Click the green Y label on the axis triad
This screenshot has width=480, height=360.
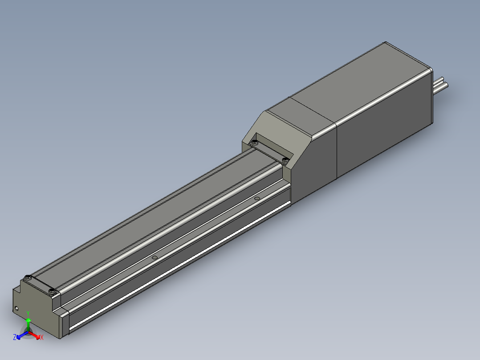point(28,313)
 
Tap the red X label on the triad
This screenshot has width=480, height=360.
point(41,338)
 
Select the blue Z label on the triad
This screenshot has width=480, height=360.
point(15,337)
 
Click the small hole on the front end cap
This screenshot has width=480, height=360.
point(17,308)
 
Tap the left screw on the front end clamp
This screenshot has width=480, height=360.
point(28,277)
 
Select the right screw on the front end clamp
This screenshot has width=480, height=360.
point(53,292)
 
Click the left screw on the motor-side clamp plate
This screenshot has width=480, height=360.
point(255,143)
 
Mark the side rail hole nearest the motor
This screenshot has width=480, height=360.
point(256,197)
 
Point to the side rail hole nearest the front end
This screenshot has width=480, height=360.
point(155,258)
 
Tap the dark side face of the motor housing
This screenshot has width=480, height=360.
point(383,134)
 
